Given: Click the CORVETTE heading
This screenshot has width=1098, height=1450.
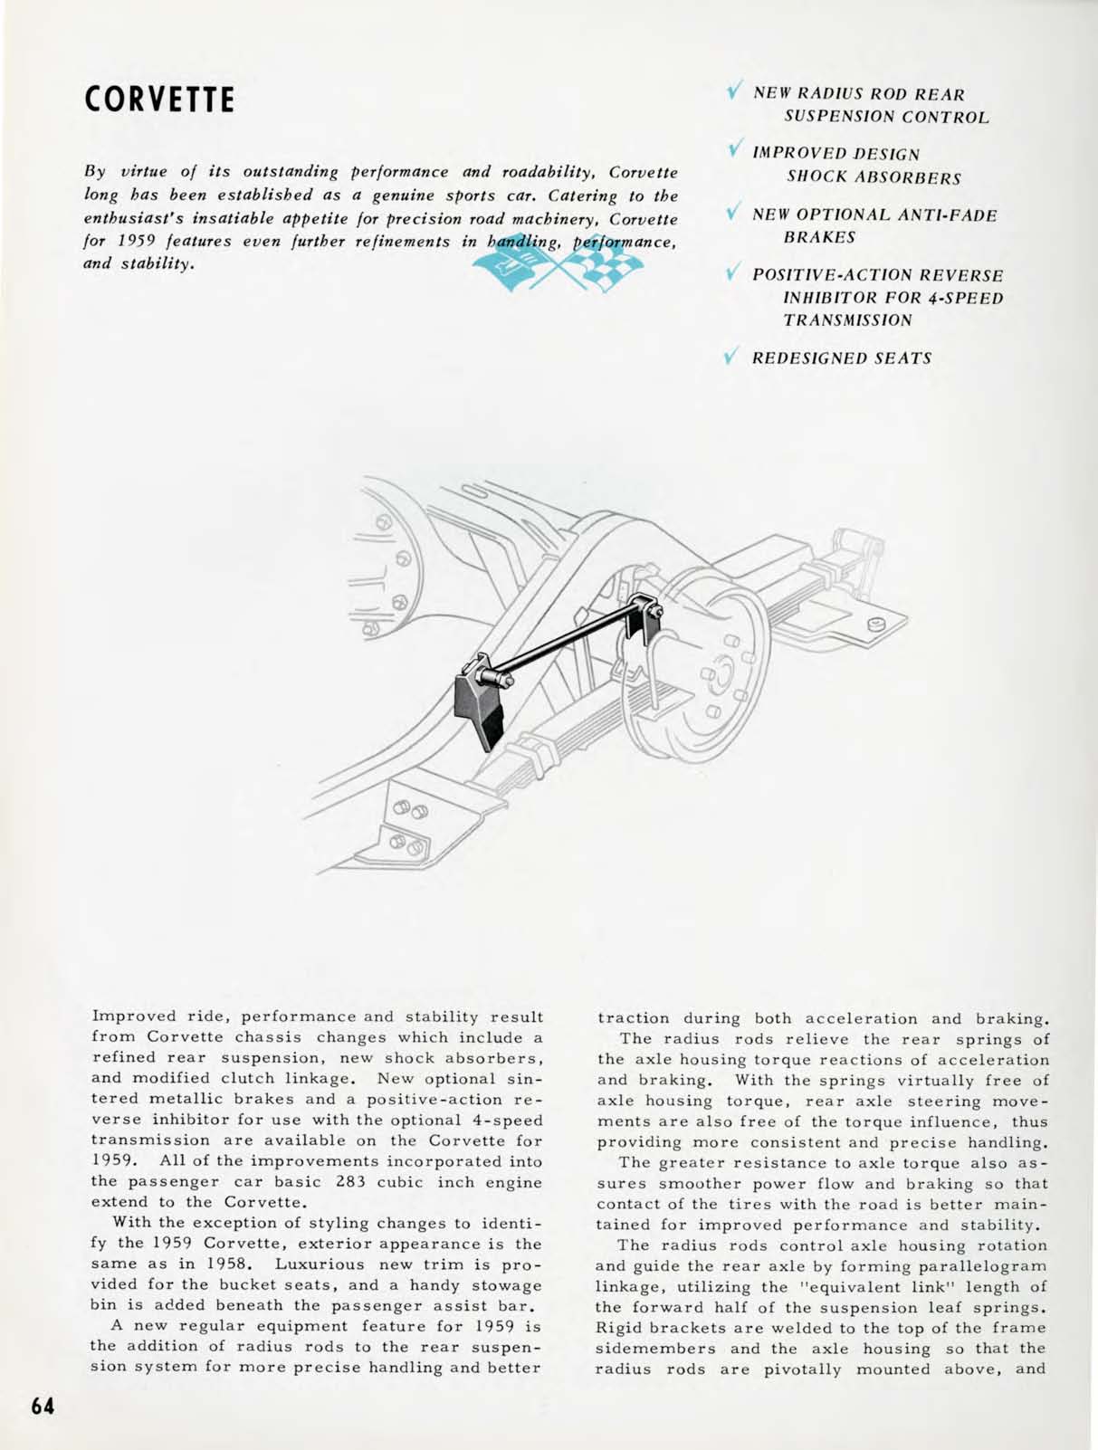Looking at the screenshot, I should [x=158, y=100].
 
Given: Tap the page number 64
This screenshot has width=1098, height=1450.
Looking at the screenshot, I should [x=43, y=1407].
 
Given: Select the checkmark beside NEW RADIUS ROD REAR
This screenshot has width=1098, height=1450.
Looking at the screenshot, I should [x=734, y=92].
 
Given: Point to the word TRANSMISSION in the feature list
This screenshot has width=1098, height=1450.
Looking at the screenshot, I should [x=848, y=320].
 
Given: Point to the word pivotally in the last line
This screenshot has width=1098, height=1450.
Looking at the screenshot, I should [x=802, y=1369].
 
